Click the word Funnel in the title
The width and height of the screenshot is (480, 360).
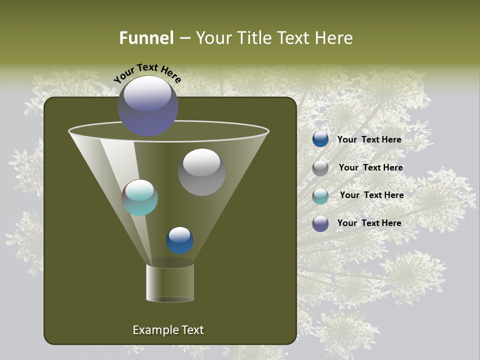146,38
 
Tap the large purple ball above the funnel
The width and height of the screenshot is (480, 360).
147,106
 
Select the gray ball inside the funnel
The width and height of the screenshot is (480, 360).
201,172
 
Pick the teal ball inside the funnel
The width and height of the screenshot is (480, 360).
139,197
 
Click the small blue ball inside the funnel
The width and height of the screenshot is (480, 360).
179,240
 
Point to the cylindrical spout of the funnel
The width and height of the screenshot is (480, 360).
170,282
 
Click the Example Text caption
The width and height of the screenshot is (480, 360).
168,330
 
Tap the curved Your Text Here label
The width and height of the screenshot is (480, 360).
147,73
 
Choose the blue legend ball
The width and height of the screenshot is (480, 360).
320,139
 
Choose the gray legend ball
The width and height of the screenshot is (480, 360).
320,168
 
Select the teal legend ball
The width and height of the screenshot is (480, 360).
320,196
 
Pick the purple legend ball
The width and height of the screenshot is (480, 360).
320,223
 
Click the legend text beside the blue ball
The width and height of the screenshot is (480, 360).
369,139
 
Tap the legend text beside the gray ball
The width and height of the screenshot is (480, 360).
370,167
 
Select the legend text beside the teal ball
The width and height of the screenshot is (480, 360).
371,195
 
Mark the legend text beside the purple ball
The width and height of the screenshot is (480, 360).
369,223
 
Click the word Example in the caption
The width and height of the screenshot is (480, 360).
154,330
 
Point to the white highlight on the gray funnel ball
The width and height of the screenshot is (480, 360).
201,162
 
